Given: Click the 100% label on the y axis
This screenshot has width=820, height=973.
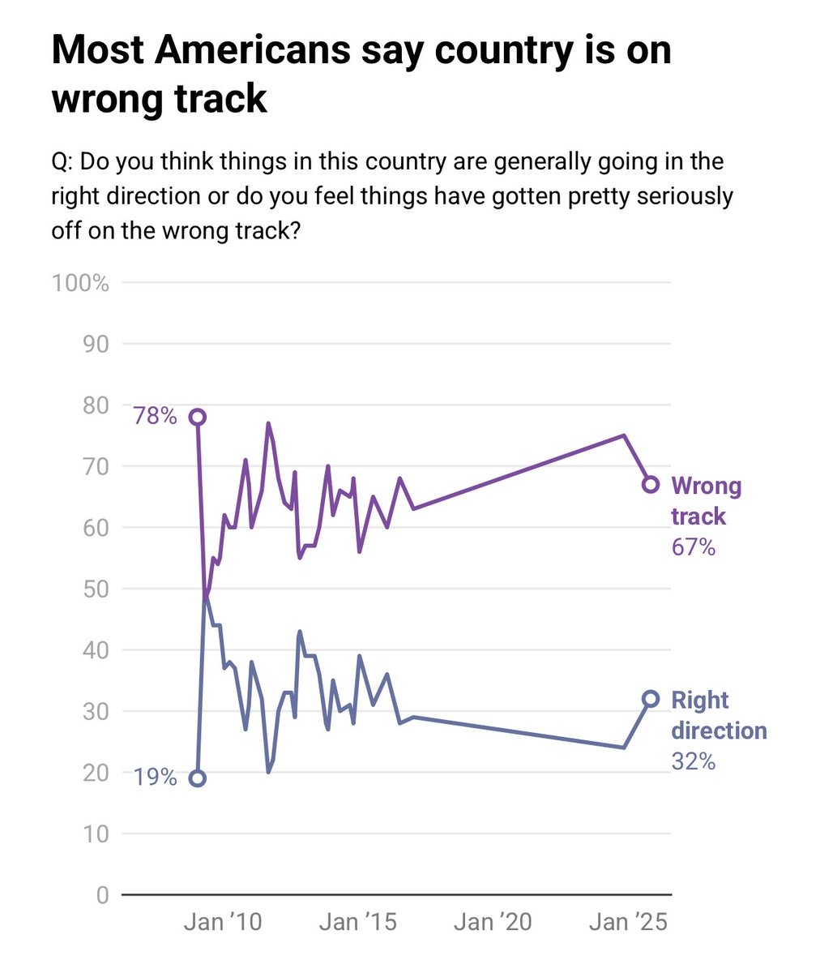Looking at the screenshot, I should (x=79, y=283).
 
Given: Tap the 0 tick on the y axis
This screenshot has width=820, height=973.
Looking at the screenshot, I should (x=102, y=895).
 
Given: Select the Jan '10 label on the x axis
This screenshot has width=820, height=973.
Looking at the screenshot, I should (x=223, y=922).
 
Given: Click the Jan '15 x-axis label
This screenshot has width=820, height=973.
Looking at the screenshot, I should (x=357, y=922).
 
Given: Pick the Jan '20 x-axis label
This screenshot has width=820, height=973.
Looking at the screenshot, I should (x=493, y=922).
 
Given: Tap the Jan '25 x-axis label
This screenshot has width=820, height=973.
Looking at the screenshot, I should (x=628, y=922).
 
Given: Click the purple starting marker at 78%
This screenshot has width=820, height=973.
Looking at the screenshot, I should (x=197, y=417).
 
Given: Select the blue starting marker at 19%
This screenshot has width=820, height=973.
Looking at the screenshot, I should (x=197, y=778).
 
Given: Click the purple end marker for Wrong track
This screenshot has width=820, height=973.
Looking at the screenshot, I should (x=650, y=484).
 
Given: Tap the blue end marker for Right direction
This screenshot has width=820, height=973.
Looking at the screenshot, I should (x=650, y=699).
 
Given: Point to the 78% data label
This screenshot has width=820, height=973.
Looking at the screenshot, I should (x=155, y=417).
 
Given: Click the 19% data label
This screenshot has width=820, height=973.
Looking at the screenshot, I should (x=155, y=778).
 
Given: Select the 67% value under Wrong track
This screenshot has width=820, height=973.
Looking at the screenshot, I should (x=693, y=547).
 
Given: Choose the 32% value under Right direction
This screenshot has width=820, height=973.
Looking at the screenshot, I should (x=693, y=761).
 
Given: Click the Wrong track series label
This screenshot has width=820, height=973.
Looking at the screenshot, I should (x=706, y=501).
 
